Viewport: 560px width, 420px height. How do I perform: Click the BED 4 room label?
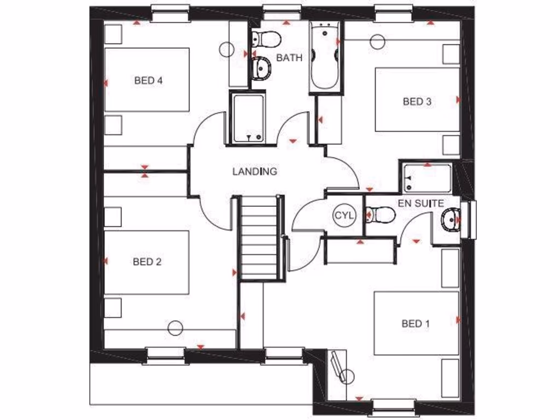(x=148, y=80)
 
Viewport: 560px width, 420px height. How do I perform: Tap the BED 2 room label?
(x=147, y=262)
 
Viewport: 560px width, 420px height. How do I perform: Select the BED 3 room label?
(x=417, y=101)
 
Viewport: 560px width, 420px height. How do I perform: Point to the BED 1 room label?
(x=416, y=324)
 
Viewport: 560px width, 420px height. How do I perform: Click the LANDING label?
(x=255, y=172)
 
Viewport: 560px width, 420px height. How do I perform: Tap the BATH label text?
(x=289, y=58)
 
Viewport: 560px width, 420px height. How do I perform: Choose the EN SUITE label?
(x=421, y=203)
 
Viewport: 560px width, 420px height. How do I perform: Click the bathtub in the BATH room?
(x=324, y=57)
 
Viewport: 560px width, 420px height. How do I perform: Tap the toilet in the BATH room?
(x=266, y=38)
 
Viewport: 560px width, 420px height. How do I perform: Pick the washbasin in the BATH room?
(x=262, y=68)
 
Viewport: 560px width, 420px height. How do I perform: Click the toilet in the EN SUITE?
(x=381, y=215)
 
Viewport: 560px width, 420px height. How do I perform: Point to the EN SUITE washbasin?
(x=451, y=220)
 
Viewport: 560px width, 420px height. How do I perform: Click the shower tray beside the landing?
(x=247, y=118)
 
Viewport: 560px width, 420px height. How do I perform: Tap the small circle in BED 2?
(x=174, y=328)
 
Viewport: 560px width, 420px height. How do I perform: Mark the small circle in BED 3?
(x=377, y=42)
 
